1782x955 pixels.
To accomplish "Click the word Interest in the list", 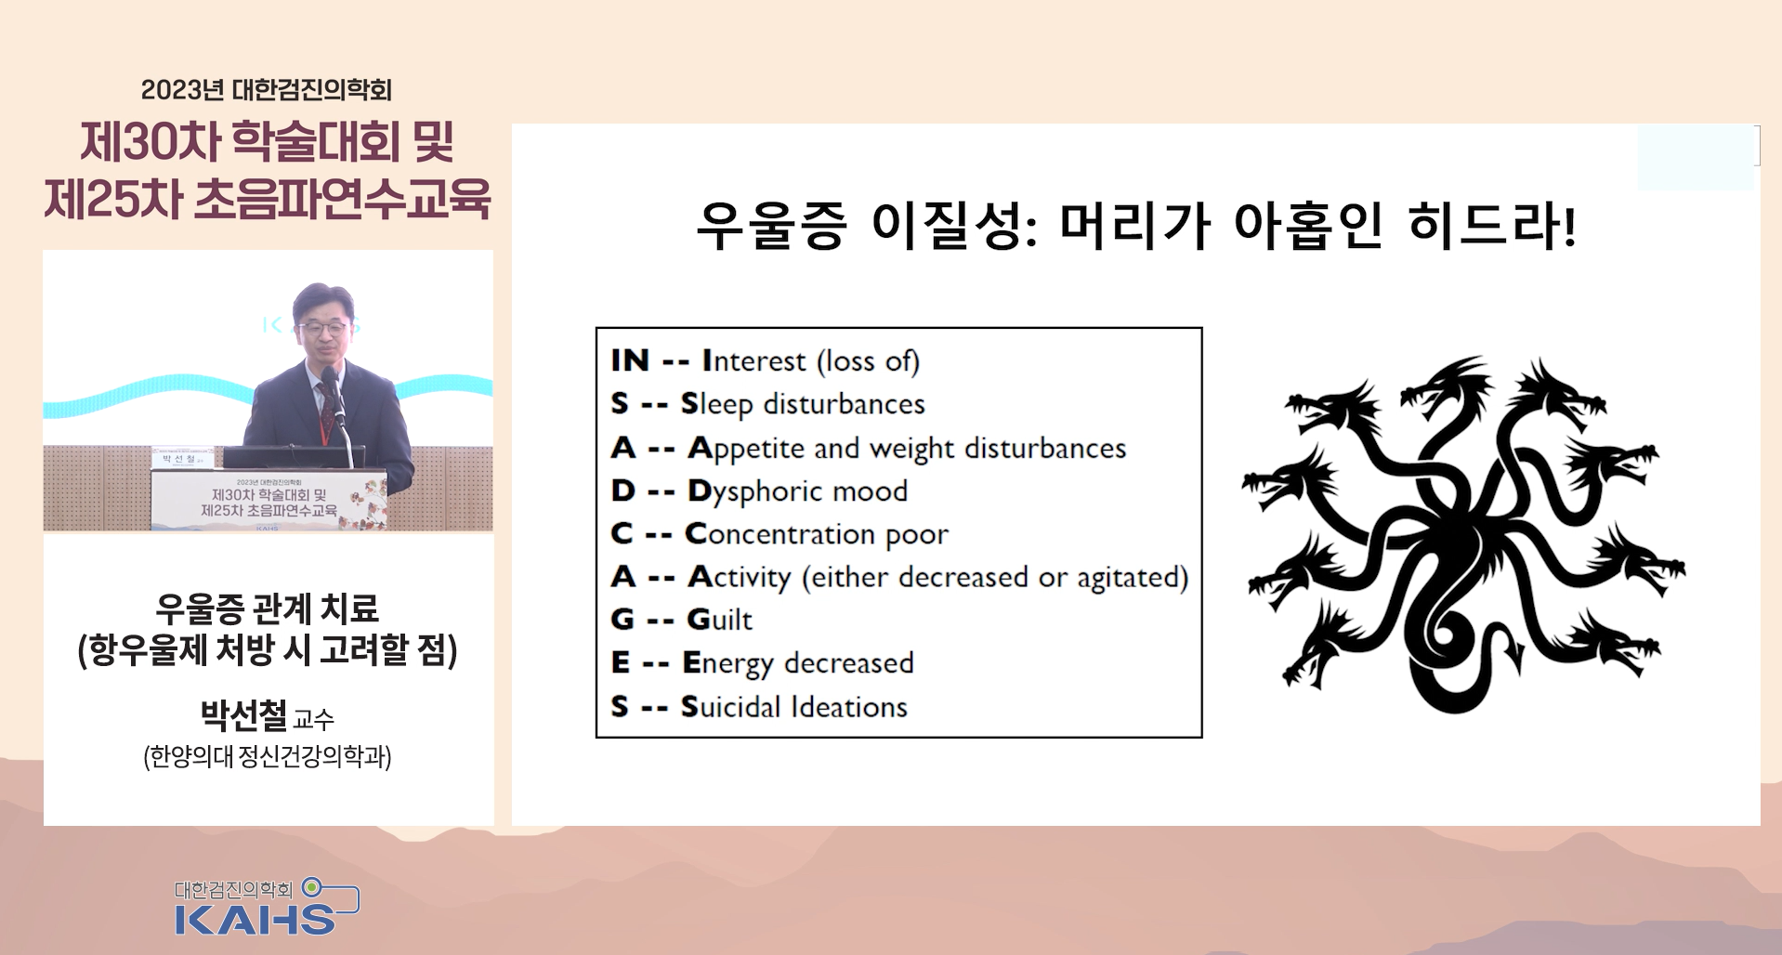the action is coord(753,360).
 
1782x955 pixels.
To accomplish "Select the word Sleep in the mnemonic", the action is coord(716,404).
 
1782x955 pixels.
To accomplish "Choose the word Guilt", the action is coord(719,620).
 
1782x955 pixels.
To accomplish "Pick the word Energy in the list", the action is coord(727,663).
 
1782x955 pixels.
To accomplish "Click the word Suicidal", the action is coord(730,707).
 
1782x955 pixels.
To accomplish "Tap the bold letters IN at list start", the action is coord(630,360).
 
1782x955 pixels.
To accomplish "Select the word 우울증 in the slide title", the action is coord(771,225).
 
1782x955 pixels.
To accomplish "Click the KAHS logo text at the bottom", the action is coord(255,919).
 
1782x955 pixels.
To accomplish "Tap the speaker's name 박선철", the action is coord(243,715).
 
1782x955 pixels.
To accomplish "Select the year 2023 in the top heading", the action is coord(169,90).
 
